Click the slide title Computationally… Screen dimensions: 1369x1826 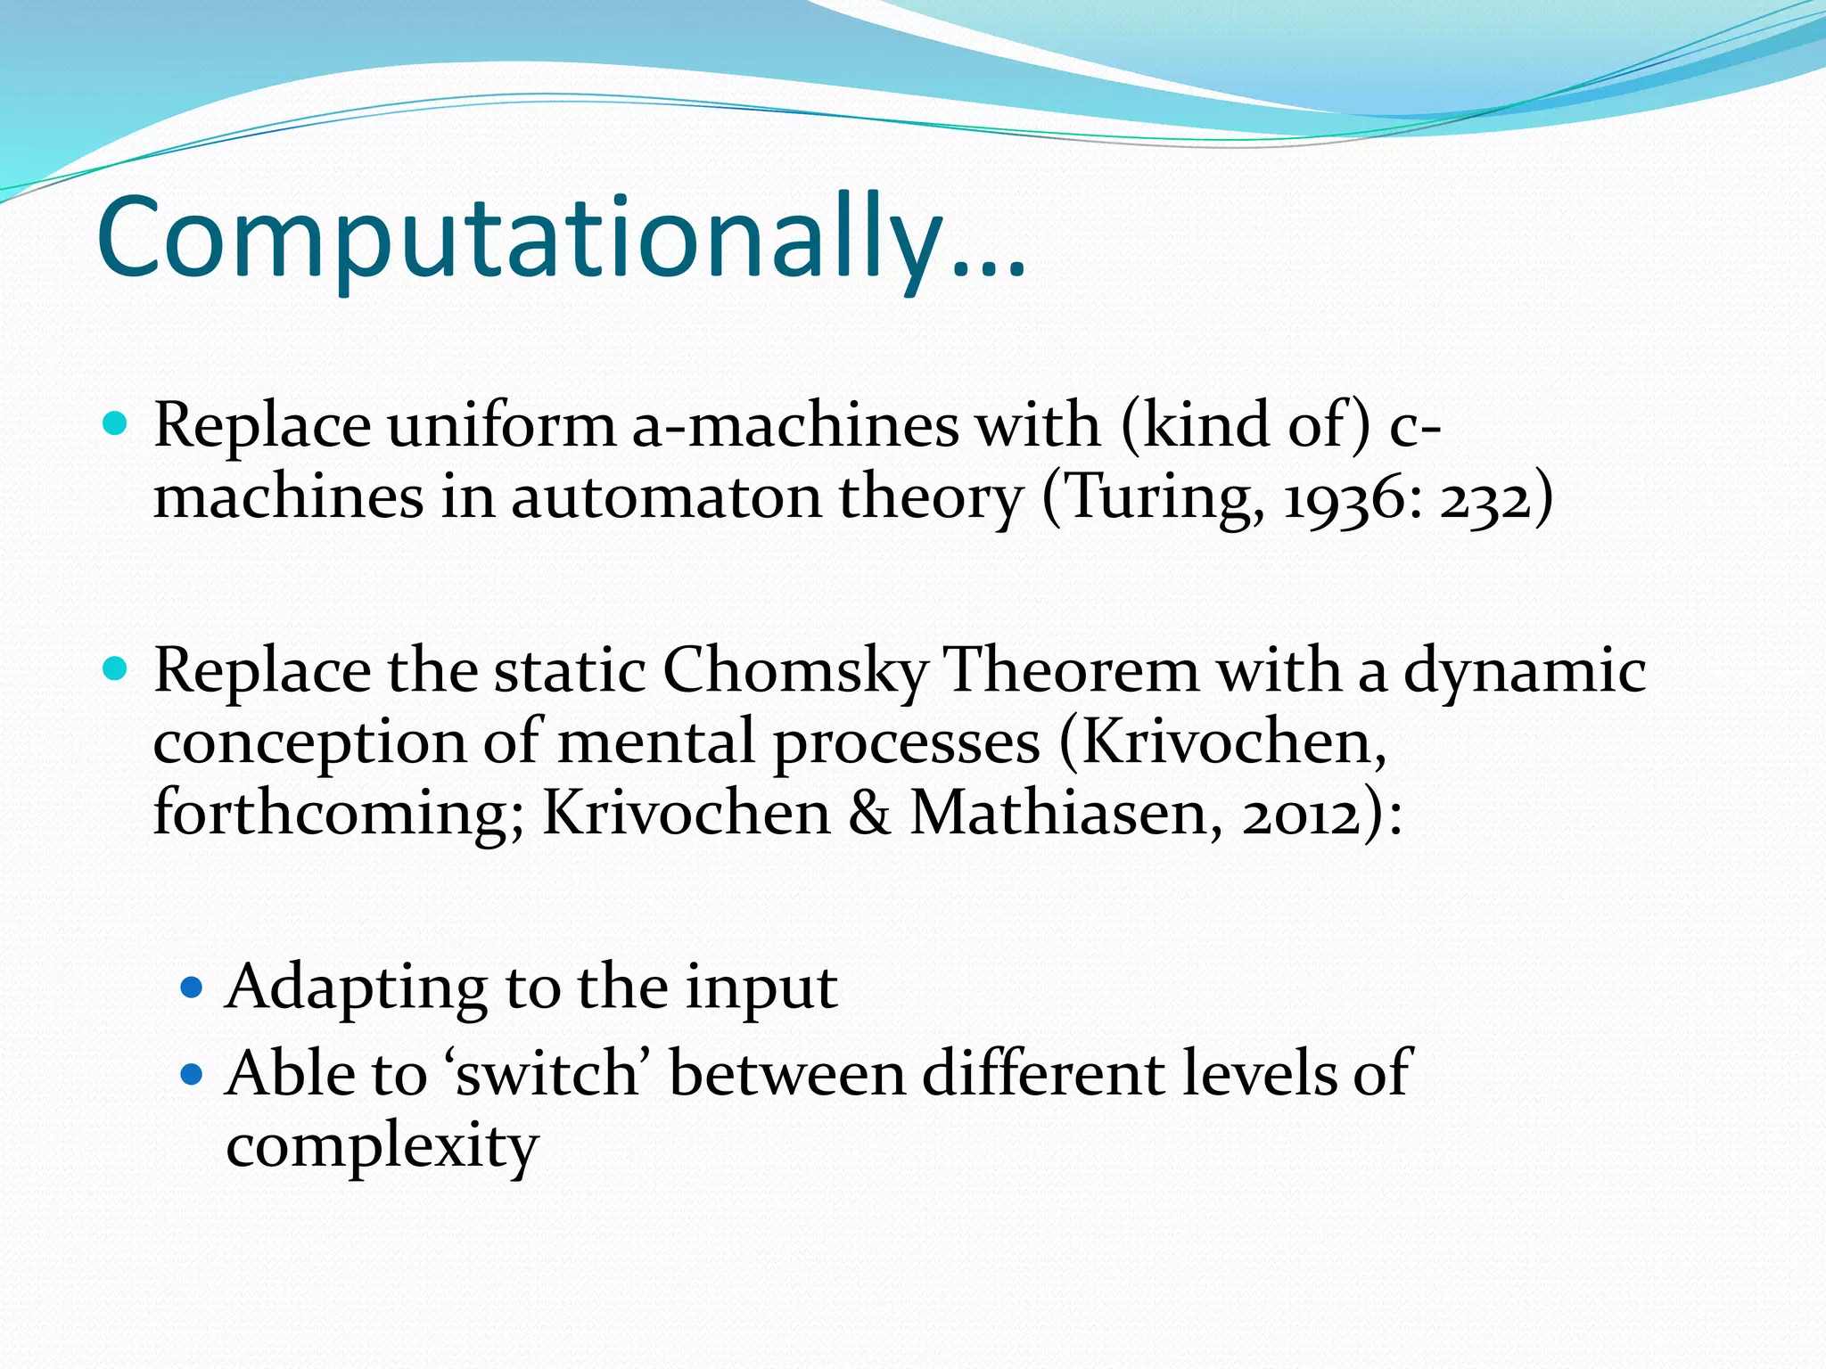point(562,239)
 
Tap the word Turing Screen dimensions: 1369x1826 point(1164,497)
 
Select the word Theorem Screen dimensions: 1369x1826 point(1071,670)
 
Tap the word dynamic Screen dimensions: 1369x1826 point(1525,670)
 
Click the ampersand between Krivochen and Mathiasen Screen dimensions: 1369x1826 point(868,813)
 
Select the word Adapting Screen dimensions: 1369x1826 point(357,988)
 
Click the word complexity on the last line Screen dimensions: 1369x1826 point(382,1146)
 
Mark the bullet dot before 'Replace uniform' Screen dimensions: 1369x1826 point(116,422)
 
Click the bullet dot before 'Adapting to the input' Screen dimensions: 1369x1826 point(192,987)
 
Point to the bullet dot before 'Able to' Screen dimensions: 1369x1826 point(192,1073)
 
